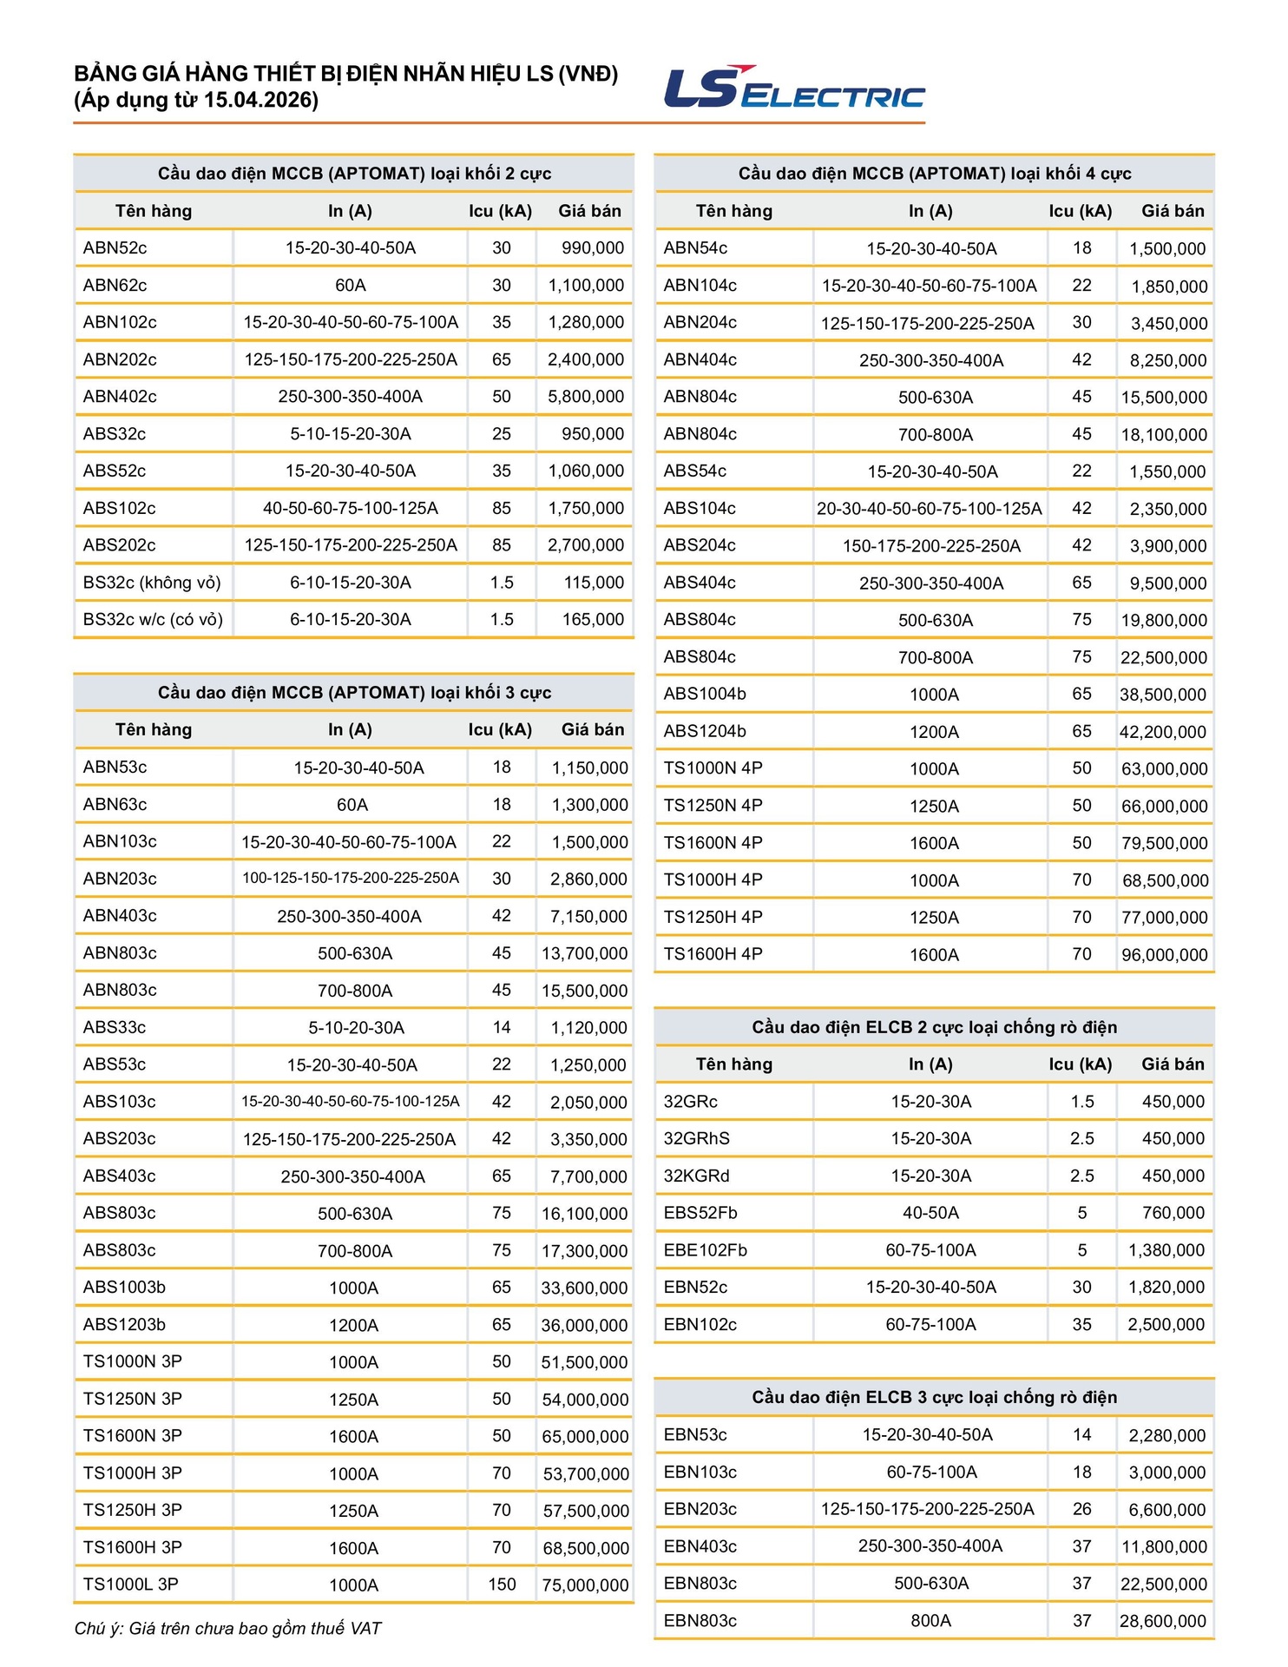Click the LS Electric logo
(793, 88)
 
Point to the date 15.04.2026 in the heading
(260, 101)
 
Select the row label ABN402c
(120, 397)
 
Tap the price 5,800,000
(586, 397)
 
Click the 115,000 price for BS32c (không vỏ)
(594, 583)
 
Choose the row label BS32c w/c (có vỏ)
(153, 620)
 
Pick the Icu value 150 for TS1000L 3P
(502, 1585)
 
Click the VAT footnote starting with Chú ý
(228, 1629)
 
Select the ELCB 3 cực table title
(934, 1397)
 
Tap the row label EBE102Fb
(705, 1250)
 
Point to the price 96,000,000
(1164, 955)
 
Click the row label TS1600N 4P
(713, 843)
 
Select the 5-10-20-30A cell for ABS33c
(356, 1028)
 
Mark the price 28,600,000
(1162, 1621)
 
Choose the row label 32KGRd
(696, 1176)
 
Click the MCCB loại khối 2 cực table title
(354, 174)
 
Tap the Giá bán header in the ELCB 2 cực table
(1173, 1064)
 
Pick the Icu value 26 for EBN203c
(1081, 1509)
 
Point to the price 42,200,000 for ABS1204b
(1162, 732)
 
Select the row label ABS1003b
(124, 1288)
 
